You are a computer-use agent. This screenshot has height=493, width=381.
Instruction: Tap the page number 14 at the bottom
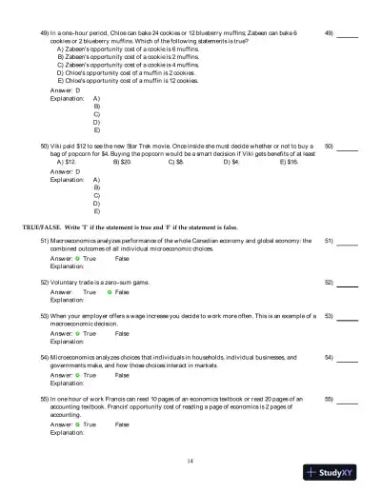(x=190, y=461)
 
